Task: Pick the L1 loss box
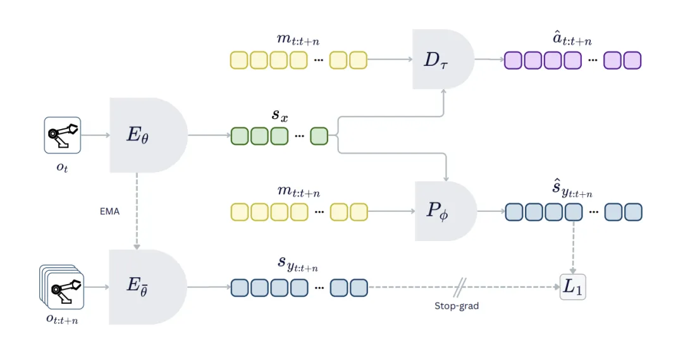573,287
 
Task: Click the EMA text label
109,211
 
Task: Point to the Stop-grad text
456,306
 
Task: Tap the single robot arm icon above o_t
63,135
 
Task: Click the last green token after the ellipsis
319,136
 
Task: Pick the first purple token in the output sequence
514,60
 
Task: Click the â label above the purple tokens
572,40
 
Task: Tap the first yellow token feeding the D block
239,60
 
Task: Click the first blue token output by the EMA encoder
240,288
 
